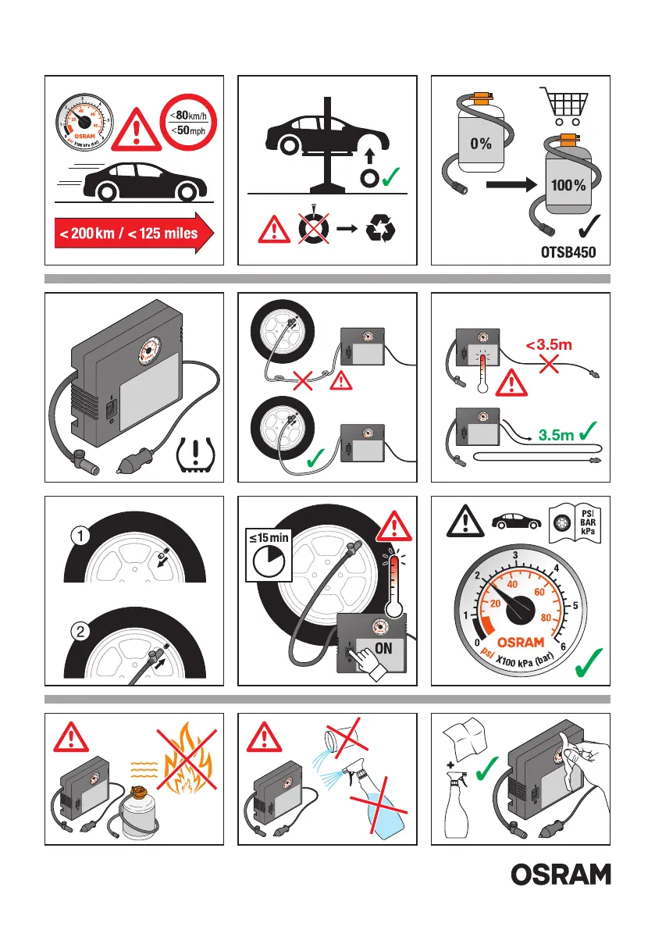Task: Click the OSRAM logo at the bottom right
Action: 561,875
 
